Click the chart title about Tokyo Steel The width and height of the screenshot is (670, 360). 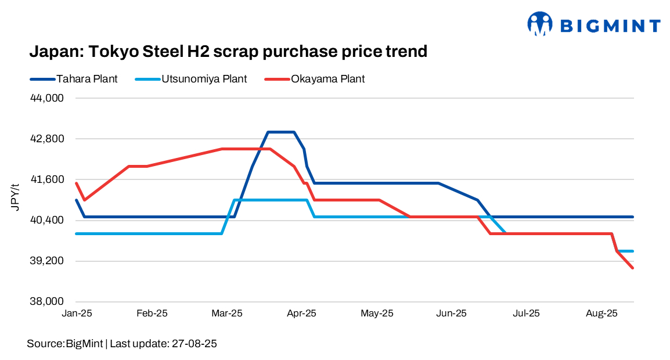tap(228, 52)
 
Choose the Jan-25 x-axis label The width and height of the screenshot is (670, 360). tap(77, 314)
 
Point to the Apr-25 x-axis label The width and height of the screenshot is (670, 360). tap(302, 314)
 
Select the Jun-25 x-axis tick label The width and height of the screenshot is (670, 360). tap(451, 314)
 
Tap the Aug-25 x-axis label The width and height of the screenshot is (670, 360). tap(601, 314)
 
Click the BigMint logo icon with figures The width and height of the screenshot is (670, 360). tap(540, 24)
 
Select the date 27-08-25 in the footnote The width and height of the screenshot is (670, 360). tap(193, 344)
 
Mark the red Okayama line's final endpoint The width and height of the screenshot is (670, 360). tap(632, 268)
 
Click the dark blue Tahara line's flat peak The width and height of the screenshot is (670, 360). tap(281, 132)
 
